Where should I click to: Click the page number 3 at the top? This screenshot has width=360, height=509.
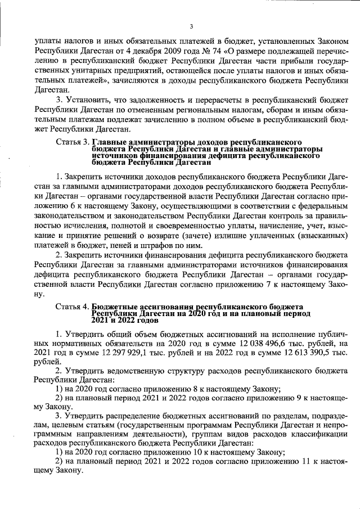click(191, 26)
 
